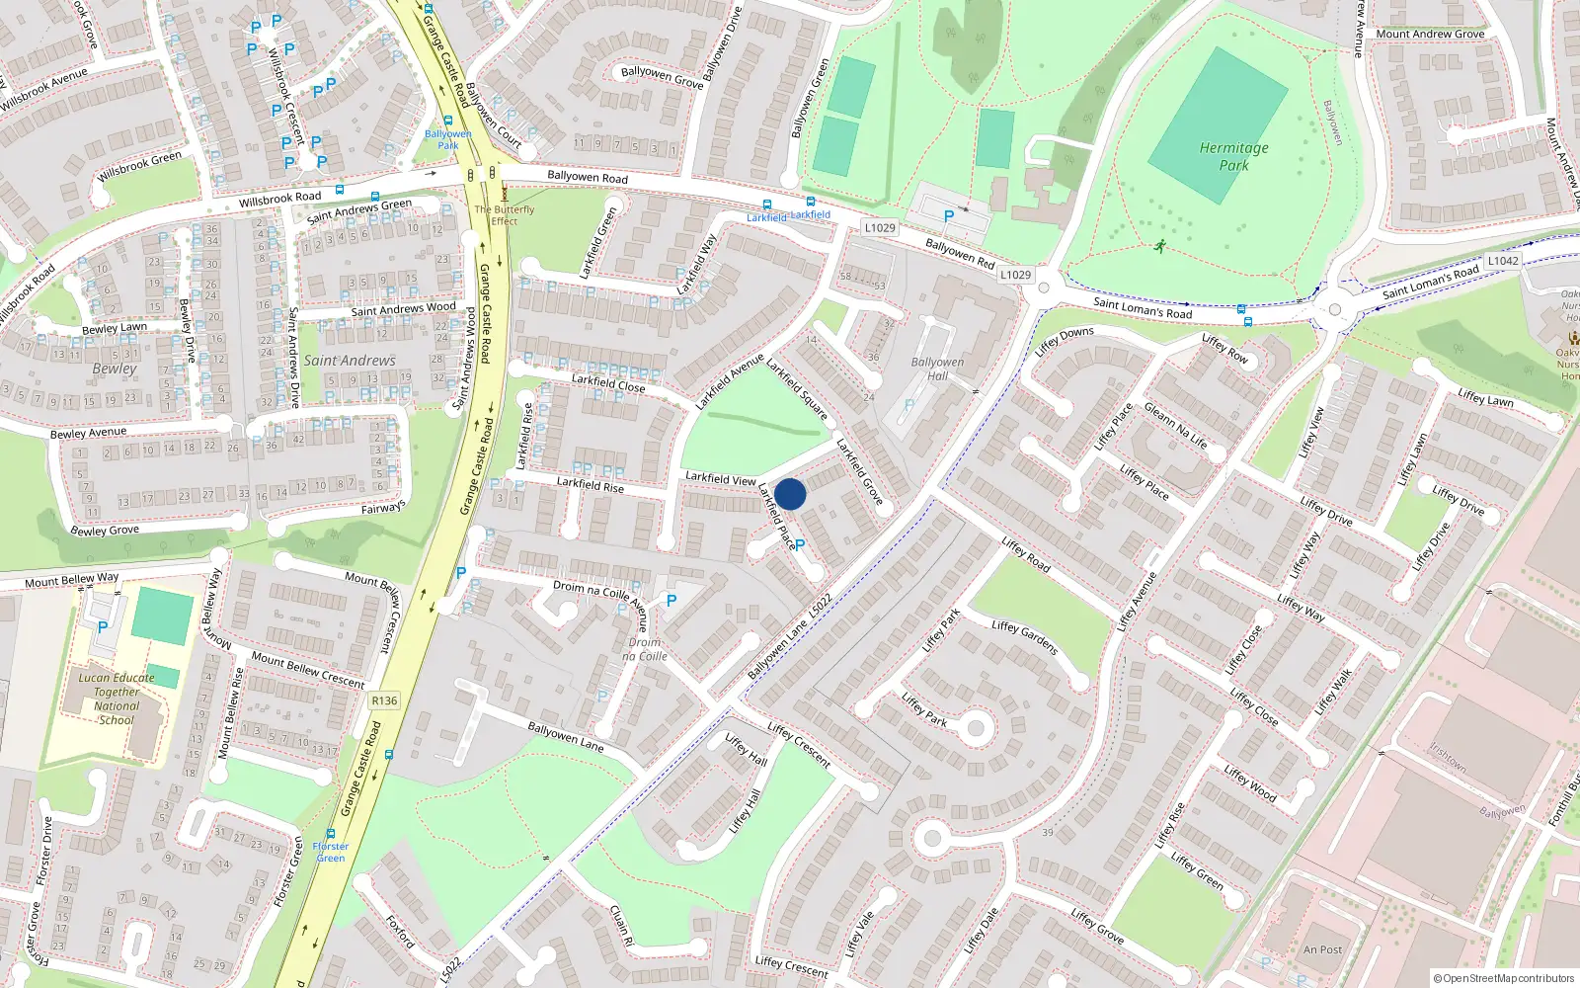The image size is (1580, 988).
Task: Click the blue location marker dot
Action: pyautogui.click(x=790, y=494)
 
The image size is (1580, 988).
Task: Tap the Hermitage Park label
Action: pyautogui.click(x=1233, y=156)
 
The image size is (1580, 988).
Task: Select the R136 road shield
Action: pyautogui.click(x=384, y=700)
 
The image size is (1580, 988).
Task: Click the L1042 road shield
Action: pyautogui.click(x=1502, y=261)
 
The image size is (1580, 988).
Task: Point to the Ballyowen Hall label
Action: pyautogui.click(x=937, y=369)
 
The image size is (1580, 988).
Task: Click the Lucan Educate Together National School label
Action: pyautogui.click(x=117, y=699)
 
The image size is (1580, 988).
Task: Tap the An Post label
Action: pyautogui.click(x=1322, y=949)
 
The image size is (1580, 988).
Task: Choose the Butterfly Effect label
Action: pyautogui.click(x=505, y=214)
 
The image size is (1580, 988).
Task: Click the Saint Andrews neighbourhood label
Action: pyautogui.click(x=350, y=361)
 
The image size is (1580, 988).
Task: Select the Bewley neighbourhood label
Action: pyautogui.click(x=115, y=369)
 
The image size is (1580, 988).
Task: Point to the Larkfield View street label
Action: pyautogui.click(x=721, y=478)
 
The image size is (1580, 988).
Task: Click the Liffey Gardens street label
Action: pyautogui.click(x=1025, y=637)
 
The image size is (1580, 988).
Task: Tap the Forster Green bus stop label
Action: pyautogui.click(x=331, y=852)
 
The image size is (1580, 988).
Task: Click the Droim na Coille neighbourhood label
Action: pyautogui.click(x=645, y=649)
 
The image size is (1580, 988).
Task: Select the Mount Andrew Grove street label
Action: pyautogui.click(x=1430, y=34)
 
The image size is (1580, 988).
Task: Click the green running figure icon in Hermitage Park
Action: pyautogui.click(x=1159, y=245)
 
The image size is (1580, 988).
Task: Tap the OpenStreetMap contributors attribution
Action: pyautogui.click(x=1504, y=978)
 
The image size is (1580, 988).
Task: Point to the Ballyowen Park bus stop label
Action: pyautogui.click(x=448, y=139)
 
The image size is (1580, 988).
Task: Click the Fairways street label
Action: pyautogui.click(x=383, y=508)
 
